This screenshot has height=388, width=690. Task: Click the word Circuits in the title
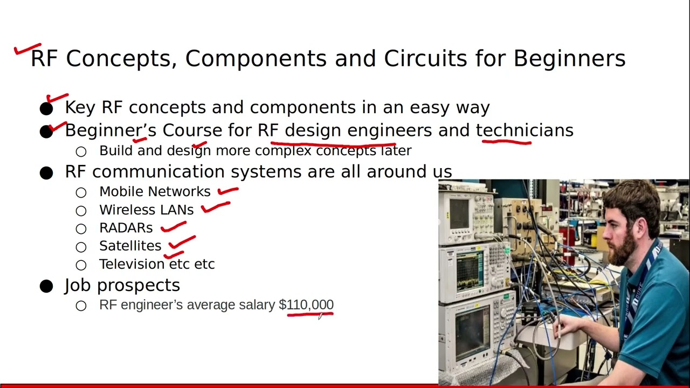pos(425,58)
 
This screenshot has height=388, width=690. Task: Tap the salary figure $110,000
pos(306,305)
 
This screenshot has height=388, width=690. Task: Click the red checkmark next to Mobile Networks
pos(228,191)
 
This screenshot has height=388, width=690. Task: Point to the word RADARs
pos(126,228)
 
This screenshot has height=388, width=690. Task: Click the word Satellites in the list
pos(130,246)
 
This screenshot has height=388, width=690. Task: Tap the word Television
pos(132,264)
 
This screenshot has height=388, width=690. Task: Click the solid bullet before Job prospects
pos(46,286)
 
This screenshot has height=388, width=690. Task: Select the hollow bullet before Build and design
pos(81,152)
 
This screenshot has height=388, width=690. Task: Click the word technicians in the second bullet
pos(524,130)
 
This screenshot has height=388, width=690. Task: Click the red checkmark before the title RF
pos(27,50)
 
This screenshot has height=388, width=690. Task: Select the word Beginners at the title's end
pos(569,58)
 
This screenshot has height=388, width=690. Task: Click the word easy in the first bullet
pos(430,108)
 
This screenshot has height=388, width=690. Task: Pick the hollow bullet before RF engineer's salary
pos(81,306)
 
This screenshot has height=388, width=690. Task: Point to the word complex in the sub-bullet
pos(283,151)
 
